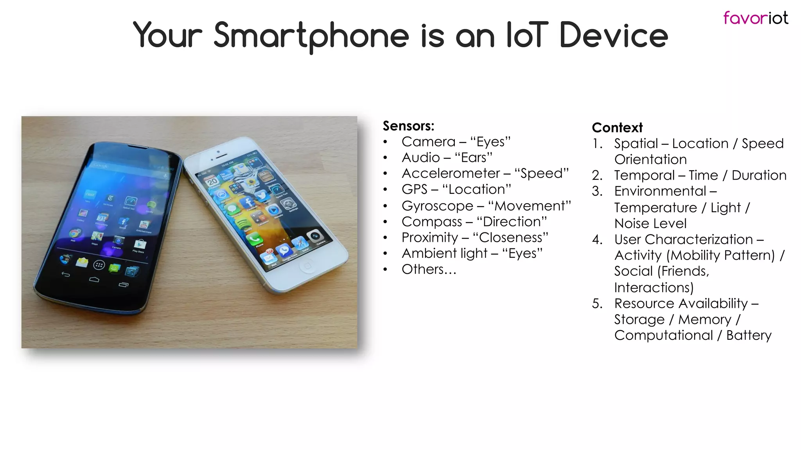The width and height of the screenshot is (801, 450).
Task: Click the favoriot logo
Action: (755, 18)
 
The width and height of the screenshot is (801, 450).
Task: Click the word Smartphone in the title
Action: (311, 36)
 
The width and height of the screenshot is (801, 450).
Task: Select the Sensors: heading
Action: (408, 126)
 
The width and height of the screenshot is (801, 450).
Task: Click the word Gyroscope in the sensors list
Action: (437, 206)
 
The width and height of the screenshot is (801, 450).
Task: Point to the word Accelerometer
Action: (451, 173)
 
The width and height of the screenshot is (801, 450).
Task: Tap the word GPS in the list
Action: (414, 189)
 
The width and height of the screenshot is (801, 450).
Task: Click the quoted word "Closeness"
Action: (510, 237)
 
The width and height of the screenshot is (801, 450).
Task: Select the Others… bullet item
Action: (429, 269)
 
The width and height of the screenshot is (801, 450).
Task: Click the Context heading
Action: (617, 128)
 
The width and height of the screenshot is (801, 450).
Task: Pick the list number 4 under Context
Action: (597, 239)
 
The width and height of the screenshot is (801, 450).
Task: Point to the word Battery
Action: (749, 335)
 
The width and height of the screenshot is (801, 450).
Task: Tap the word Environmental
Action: (660, 191)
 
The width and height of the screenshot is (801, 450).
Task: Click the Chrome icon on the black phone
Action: (74, 234)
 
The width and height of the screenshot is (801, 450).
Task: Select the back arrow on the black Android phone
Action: (66, 274)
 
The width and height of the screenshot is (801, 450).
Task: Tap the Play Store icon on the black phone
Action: (140, 245)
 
